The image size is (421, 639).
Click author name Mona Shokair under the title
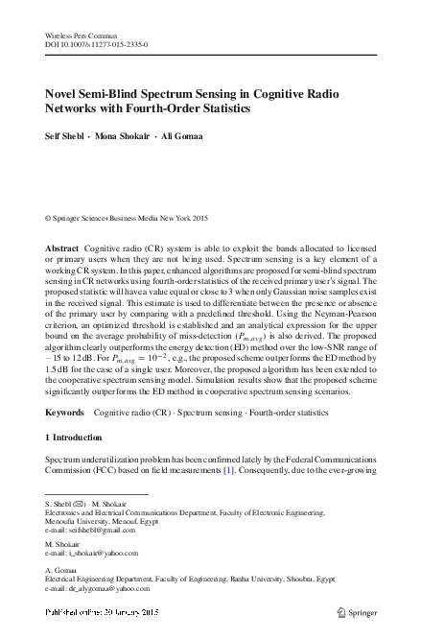click(125, 136)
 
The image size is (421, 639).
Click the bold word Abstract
click(62, 248)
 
